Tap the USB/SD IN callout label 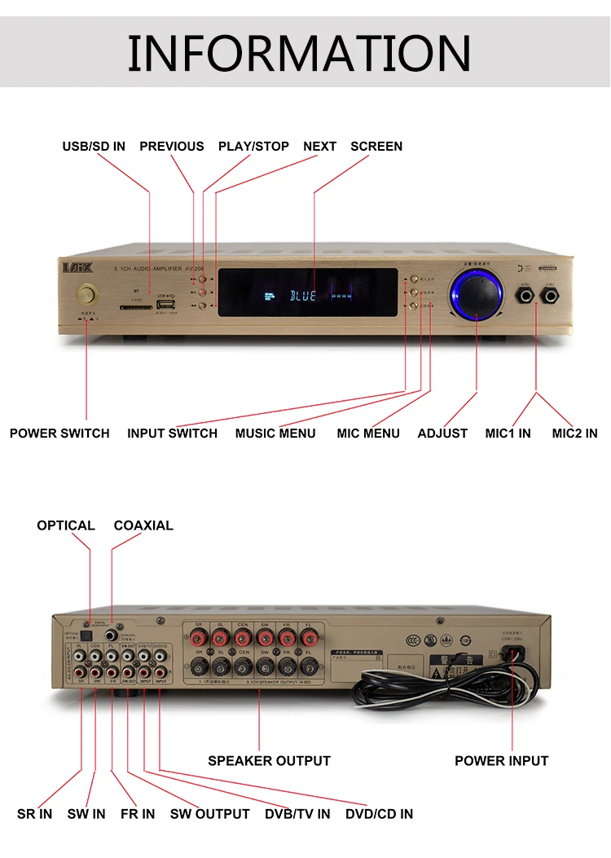click(x=94, y=147)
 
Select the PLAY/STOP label click(x=253, y=147)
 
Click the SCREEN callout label click(x=376, y=147)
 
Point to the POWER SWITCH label click(x=59, y=433)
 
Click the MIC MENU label click(x=368, y=433)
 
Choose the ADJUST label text click(x=442, y=433)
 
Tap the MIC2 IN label click(x=574, y=433)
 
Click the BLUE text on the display click(x=303, y=295)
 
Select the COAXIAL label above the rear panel click(x=143, y=526)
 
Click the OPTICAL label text click(x=66, y=526)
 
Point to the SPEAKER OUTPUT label click(x=269, y=761)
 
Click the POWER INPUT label click(x=502, y=761)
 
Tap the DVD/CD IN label click(x=379, y=814)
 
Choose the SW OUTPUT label click(x=210, y=814)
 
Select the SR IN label click(x=34, y=814)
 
